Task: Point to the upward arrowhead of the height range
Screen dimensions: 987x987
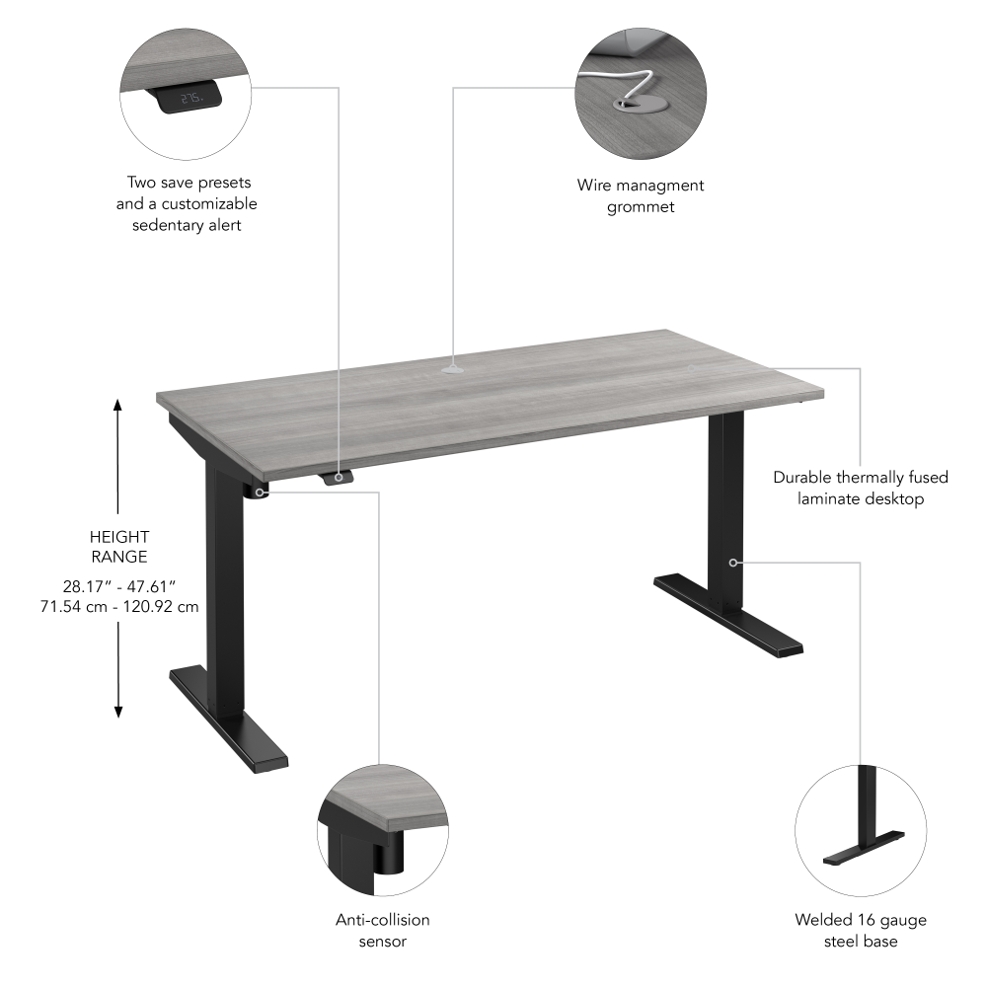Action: point(118,405)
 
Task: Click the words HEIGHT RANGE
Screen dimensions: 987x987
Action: point(118,547)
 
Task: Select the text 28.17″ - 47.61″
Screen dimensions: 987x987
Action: point(118,587)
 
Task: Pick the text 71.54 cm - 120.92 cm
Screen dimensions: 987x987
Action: point(118,606)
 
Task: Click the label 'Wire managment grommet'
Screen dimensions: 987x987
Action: point(641,195)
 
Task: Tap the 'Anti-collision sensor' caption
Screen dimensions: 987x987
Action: point(383,930)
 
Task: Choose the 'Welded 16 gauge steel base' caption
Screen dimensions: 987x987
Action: point(861,931)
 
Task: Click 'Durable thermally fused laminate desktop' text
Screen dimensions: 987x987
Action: point(861,488)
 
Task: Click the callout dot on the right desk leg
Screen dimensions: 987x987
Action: point(733,563)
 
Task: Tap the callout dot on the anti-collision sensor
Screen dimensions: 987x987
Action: point(260,491)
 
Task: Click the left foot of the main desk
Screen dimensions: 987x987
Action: point(229,718)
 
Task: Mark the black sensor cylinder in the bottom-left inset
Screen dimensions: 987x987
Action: point(388,854)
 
